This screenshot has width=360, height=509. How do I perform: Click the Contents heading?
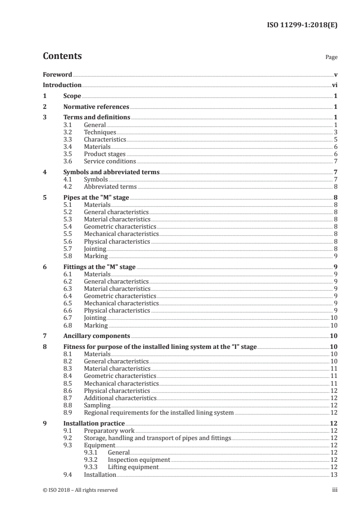tap(62, 56)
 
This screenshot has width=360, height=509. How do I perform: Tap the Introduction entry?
tap(62, 85)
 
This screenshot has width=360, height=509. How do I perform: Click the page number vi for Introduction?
tap(334, 85)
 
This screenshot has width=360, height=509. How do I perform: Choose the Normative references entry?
tap(96, 107)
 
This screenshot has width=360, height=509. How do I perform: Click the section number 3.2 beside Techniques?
tap(68, 132)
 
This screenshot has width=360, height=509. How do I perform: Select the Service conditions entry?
tap(110, 161)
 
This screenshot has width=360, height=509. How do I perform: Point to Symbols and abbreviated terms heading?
tap(111, 172)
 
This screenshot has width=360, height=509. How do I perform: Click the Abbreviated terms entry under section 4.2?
tap(110, 186)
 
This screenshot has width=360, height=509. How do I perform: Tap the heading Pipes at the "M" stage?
tap(96, 198)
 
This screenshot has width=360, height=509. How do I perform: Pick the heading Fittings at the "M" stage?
tap(99, 267)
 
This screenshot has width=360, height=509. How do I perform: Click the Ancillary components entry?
tap(97, 336)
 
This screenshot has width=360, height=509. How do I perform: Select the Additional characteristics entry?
tap(120, 398)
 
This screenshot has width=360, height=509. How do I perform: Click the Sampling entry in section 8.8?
tap(97, 405)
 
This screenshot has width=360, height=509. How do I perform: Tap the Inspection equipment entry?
tap(139, 460)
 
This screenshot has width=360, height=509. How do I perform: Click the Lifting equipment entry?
tap(133, 467)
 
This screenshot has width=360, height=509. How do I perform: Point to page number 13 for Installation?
tap(334, 475)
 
